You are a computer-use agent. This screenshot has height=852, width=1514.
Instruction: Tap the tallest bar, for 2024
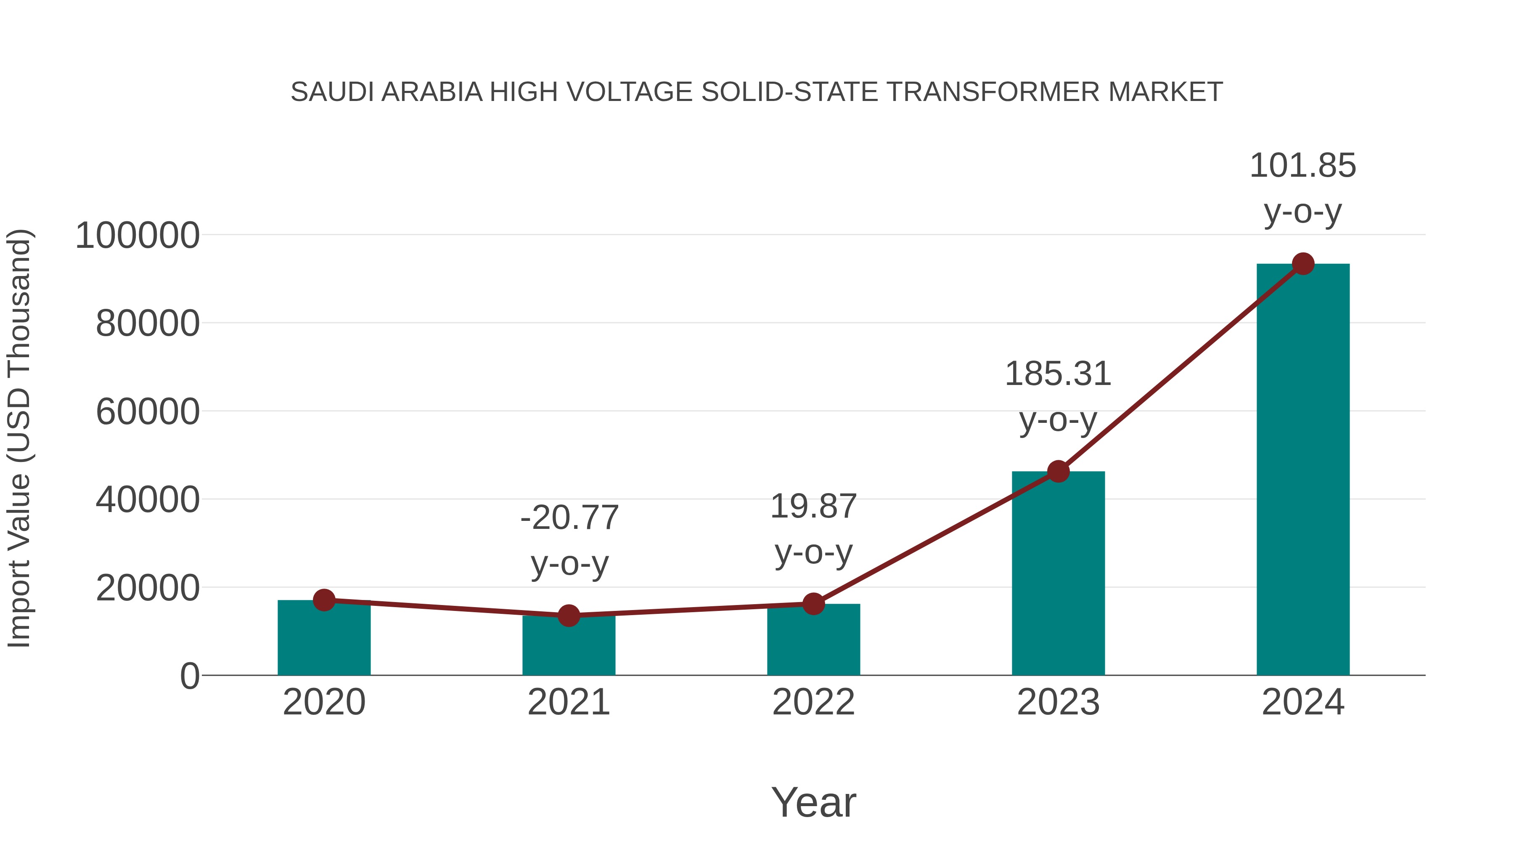(1302, 470)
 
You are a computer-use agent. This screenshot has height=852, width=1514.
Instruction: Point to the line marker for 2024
(1303, 264)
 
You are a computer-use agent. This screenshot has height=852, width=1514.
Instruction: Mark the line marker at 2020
(324, 600)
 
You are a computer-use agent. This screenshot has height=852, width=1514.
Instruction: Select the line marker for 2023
(1058, 472)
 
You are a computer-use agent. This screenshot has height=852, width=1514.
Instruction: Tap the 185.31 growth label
(1058, 396)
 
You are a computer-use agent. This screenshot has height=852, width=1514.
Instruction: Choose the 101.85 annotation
(1302, 188)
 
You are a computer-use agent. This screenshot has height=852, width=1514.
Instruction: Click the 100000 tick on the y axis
(138, 236)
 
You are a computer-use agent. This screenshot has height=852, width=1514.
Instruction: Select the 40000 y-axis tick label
(148, 500)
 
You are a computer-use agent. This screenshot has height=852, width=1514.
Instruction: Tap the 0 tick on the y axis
(189, 676)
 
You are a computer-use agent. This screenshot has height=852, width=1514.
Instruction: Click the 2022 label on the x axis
(813, 702)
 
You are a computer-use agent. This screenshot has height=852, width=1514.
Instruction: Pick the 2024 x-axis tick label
(1302, 702)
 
